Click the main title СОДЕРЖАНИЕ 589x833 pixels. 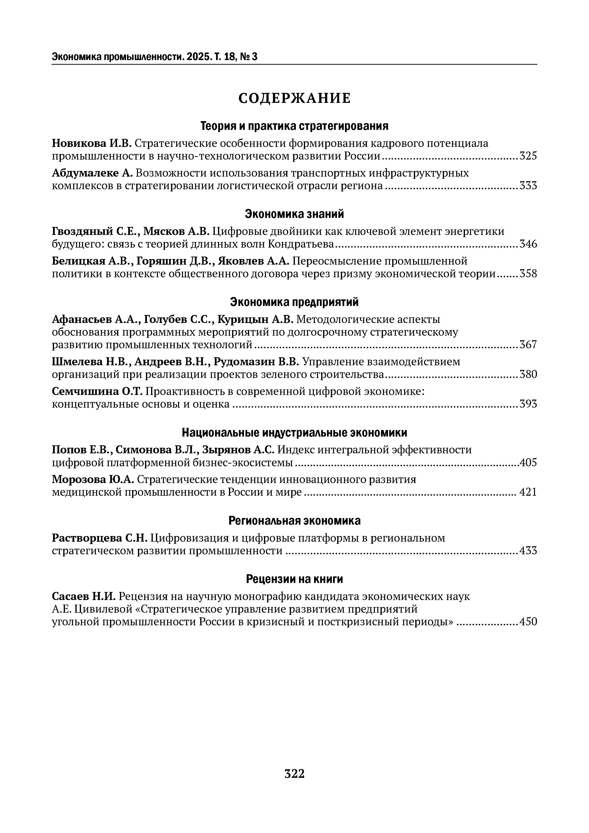(294, 98)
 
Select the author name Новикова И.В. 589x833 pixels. (92, 144)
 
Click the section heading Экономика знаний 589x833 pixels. (294, 214)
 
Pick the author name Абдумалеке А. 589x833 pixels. (92, 173)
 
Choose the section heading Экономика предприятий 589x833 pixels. (294, 302)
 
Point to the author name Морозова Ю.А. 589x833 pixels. (93, 480)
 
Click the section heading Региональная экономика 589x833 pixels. (294, 521)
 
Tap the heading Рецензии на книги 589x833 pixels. (294, 579)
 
